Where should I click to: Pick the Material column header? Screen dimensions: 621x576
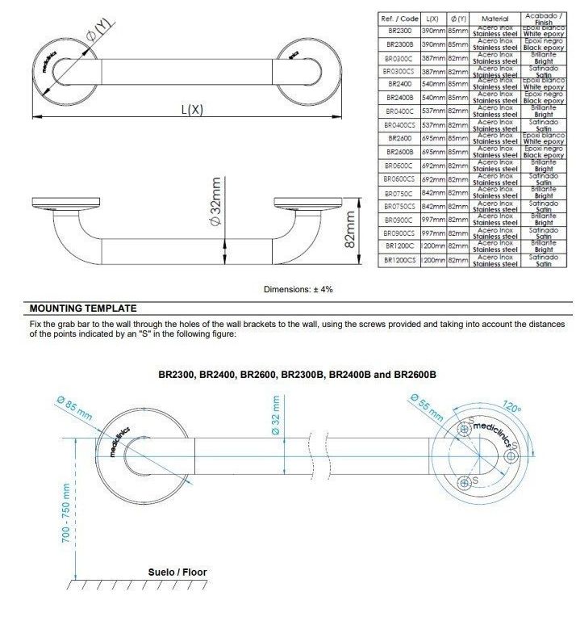[x=495, y=18]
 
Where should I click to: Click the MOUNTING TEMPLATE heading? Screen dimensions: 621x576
[x=83, y=308]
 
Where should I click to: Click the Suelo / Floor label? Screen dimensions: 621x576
[x=177, y=572]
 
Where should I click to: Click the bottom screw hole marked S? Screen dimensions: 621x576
[x=464, y=483]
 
